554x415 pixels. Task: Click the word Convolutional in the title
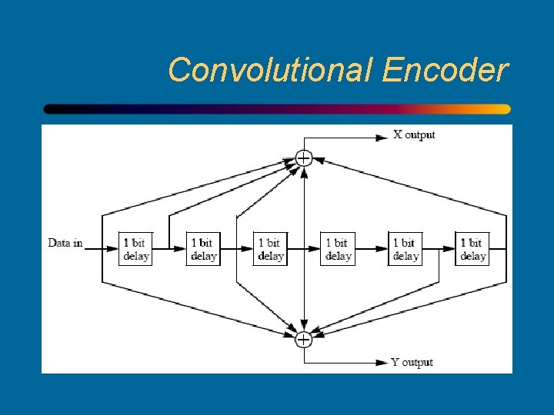[271, 70]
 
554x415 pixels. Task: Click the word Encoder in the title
[445, 70]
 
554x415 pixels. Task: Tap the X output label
[414, 135]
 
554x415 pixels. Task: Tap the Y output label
[412, 362]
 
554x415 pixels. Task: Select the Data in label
[65, 243]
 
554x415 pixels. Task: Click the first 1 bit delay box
[135, 249]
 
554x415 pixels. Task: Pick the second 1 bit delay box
[203, 249]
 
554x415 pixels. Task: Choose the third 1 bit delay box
[270, 249]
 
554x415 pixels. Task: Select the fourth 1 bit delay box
[337, 249]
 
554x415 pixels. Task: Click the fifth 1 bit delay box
[405, 249]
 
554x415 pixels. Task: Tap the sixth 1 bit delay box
[472, 249]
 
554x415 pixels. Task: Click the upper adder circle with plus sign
[304, 158]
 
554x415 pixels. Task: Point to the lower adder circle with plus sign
[304, 339]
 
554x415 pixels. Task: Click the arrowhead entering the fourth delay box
[315, 249]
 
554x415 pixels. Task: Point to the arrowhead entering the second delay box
[182, 249]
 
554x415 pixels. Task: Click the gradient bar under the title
[277, 109]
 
